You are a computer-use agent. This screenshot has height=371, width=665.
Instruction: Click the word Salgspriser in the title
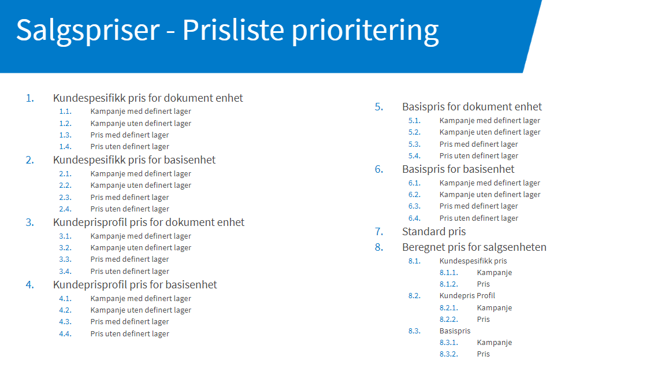[88, 31]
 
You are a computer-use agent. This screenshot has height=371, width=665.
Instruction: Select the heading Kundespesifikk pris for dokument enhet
[148, 98]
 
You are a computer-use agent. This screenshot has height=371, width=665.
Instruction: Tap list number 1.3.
[65, 135]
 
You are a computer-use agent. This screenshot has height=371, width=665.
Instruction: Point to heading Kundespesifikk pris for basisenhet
[134, 160]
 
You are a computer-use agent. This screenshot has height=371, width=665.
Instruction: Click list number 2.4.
[65, 209]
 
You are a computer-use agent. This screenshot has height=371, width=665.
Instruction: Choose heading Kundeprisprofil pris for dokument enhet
[148, 222]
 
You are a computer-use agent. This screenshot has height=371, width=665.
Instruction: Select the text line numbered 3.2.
[140, 248]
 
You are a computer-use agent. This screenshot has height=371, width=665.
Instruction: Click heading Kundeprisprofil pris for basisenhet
[135, 285]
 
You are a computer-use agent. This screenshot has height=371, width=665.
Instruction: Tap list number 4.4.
[65, 333]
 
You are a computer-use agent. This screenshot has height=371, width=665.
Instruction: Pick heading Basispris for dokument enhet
[472, 107]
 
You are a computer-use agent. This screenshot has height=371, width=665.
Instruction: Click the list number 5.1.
[414, 121]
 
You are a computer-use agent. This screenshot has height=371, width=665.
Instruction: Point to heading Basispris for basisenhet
[458, 169]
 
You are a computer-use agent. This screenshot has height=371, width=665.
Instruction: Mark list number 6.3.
[414, 206]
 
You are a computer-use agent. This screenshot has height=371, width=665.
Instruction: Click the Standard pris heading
[434, 232]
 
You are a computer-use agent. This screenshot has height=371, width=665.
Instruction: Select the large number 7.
[379, 232]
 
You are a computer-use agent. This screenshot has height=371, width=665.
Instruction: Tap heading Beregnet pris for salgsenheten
[474, 247]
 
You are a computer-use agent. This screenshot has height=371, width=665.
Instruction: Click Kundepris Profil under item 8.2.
[467, 296]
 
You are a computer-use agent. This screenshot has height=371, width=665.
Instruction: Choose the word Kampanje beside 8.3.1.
[495, 343]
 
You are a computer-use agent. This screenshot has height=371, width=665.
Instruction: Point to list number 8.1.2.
[449, 284]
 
